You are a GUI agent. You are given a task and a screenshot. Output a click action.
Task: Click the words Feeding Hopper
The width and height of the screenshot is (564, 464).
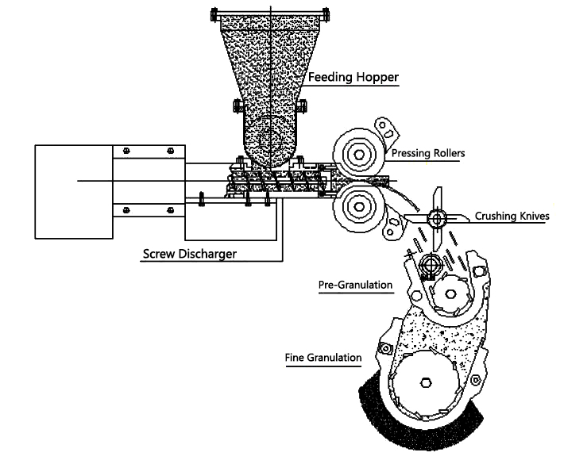point(353,78)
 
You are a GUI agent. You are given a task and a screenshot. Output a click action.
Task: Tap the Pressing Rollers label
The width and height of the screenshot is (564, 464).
point(425,152)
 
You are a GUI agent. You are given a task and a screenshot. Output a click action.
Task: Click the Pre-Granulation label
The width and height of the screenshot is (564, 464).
point(356,286)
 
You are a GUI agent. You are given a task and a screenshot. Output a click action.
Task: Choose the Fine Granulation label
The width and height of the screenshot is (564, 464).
point(323,358)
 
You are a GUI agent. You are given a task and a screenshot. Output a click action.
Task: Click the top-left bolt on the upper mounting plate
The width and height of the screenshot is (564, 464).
point(126,151)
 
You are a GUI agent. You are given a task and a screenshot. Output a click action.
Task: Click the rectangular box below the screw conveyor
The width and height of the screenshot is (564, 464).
point(230,220)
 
